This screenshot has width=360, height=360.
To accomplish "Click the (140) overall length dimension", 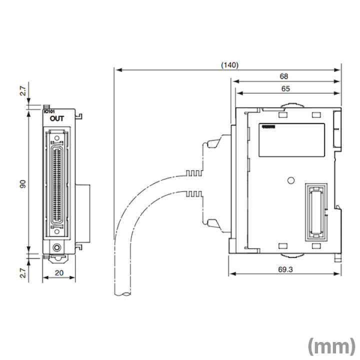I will coord(229,65).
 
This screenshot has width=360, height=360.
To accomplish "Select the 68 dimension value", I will coord(284,76).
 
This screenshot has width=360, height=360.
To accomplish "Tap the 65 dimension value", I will coord(285,89).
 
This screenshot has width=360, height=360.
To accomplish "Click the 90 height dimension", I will coord(22,184).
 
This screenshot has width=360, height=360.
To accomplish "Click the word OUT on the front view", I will coord(56,119).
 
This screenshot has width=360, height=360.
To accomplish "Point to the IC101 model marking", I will coord(50,111).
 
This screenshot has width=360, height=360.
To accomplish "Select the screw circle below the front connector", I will coord(57,247).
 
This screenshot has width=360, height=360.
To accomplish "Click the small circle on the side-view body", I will coord(289,180).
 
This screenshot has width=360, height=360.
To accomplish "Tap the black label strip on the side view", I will coord(268,128).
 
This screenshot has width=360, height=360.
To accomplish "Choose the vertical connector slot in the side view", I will coord(315,209).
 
